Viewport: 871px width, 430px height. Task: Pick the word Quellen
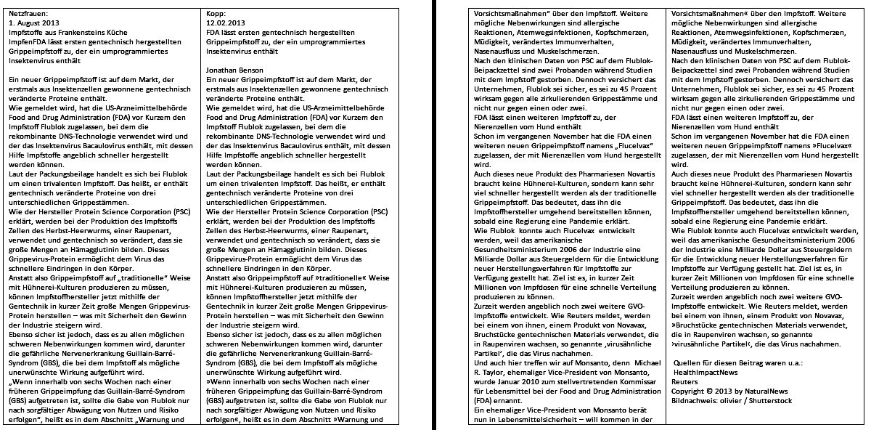(689, 362)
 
